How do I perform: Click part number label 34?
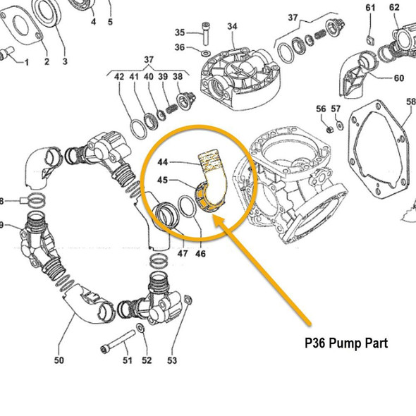(x=233, y=26)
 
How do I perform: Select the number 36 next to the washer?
(x=179, y=47)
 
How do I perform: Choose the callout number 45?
(x=161, y=180)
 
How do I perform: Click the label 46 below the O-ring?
(x=201, y=253)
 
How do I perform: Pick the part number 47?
(x=182, y=253)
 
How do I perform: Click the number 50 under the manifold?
(x=59, y=361)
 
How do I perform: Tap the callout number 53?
(x=172, y=361)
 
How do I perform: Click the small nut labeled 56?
(x=329, y=130)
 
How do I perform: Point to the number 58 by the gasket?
(x=410, y=102)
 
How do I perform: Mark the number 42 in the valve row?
(x=119, y=76)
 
